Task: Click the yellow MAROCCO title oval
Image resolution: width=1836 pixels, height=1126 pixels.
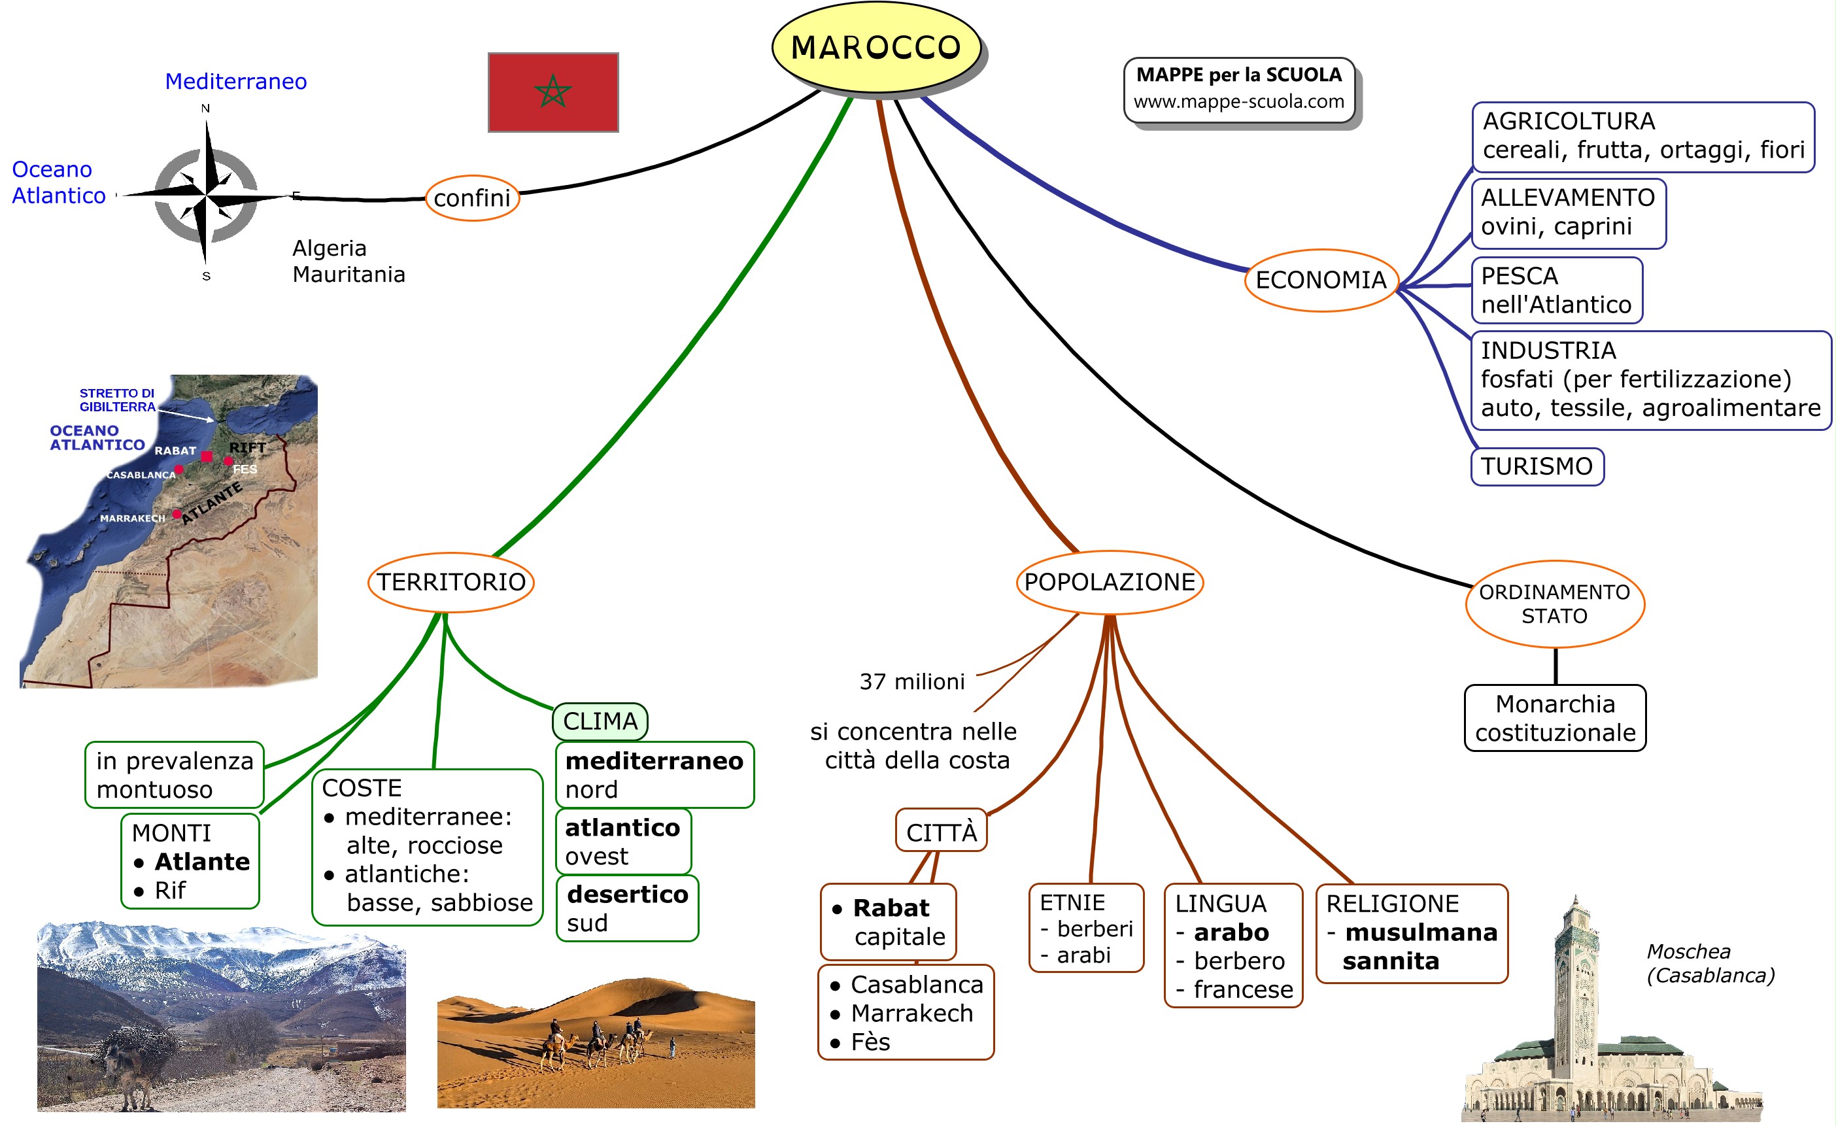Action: (875, 48)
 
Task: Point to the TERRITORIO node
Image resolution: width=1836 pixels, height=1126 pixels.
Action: (450, 582)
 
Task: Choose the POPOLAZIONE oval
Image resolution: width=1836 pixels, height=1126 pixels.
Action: (1109, 582)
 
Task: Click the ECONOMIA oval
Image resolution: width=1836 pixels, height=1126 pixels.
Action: (1320, 281)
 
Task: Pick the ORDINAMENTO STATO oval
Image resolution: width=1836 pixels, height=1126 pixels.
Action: (1554, 604)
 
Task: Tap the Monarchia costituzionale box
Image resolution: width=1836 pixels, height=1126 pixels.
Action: (1555, 717)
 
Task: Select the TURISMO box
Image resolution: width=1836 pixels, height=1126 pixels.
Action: (1537, 466)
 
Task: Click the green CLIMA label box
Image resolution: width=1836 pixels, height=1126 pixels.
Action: (600, 721)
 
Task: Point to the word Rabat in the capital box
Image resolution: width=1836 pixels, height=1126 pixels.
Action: (891, 908)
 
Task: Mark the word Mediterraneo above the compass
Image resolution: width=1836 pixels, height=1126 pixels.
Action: (235, 81)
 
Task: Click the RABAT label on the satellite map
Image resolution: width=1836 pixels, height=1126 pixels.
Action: (175, 451)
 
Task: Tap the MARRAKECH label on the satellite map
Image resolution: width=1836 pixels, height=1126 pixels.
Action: (132, 518)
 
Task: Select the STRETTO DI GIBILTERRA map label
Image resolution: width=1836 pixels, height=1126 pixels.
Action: (117, 400)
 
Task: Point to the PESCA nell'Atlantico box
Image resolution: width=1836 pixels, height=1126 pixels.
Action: (1556, 290)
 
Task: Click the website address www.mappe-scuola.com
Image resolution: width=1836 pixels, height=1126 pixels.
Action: (1238, 101)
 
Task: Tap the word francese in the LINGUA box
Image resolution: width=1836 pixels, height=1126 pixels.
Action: (1243, 989)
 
